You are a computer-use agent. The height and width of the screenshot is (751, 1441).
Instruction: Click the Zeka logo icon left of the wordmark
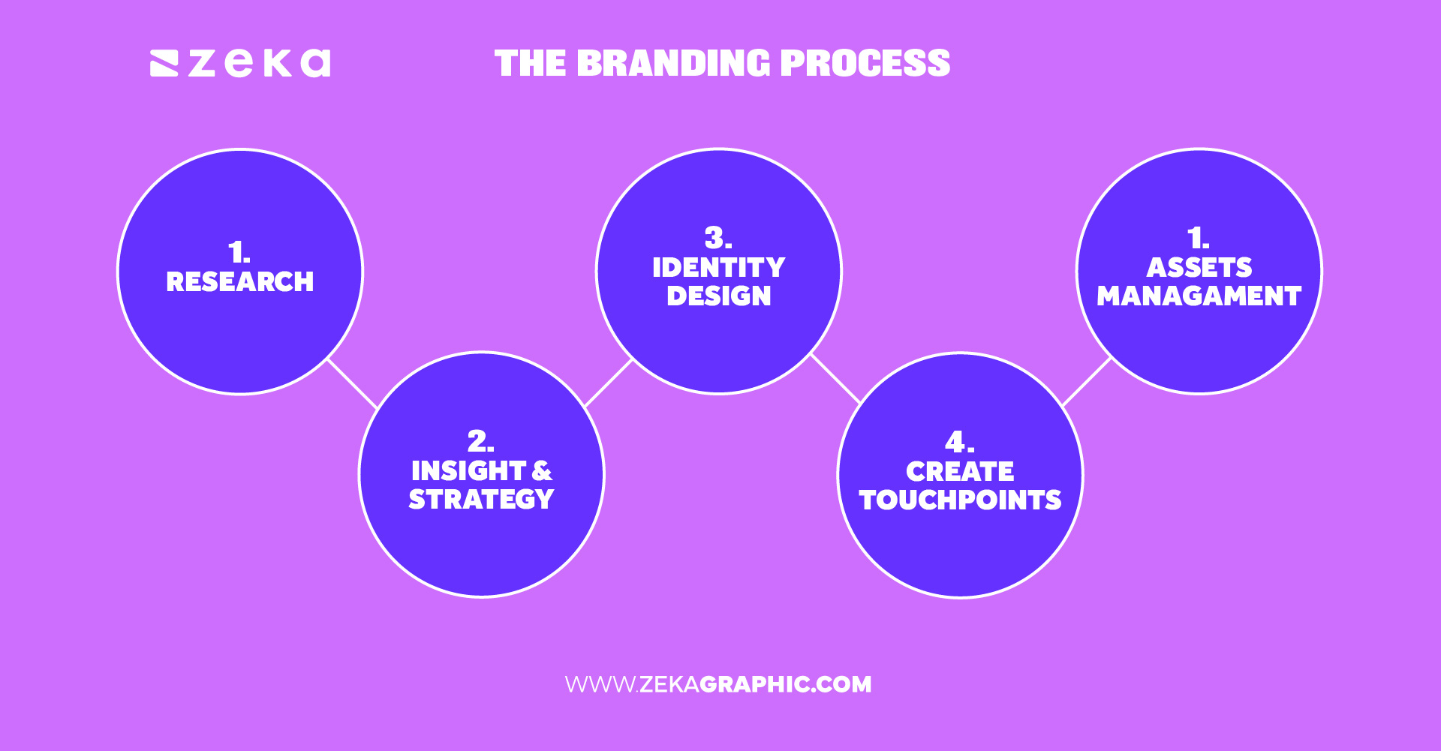coord(164,64)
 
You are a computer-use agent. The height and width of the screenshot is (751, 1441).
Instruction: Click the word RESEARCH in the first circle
coord(240,282)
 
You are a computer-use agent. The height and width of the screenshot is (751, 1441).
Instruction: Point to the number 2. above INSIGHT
coord(480,440)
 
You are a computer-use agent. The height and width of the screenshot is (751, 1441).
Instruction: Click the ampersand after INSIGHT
coord(542,471)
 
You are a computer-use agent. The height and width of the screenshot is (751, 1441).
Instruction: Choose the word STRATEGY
coord(481,500)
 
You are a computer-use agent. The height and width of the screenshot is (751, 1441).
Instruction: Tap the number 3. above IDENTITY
coord(718,239)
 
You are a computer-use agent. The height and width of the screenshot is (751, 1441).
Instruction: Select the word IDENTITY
coord(718,268)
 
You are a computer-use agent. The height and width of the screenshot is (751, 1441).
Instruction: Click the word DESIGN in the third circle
coord(718,296)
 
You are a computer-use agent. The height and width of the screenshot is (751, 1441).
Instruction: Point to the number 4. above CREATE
coord(959,442)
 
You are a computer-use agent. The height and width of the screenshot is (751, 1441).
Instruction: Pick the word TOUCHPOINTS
coord(960,500)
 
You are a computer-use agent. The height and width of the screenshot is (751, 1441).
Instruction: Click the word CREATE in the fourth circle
coord(960,472)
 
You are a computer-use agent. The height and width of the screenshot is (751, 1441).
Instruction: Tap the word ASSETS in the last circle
coord(1199,268)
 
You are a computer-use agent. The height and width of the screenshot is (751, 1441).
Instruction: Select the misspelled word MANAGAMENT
coord(1199,296)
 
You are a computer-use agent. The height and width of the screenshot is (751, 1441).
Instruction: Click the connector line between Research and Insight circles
coord(352,383)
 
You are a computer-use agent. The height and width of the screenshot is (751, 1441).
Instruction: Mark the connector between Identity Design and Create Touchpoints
coord(835,379)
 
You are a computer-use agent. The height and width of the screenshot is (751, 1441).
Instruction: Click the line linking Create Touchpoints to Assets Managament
coord(1087,382)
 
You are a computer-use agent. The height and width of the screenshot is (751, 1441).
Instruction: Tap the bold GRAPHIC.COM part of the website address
coord(785,684)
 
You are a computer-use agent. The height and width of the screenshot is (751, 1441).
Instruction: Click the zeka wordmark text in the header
coord(259,64)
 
